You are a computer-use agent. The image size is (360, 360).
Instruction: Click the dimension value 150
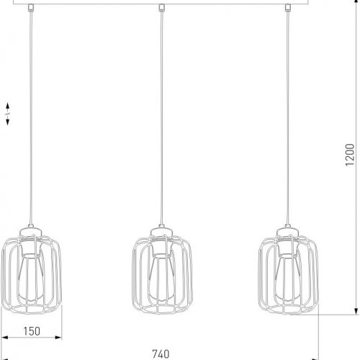[x=30, y=331]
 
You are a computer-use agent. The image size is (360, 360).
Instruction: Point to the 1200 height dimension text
[x=350, y=154]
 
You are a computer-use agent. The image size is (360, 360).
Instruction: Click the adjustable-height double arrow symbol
[x=6, y=114]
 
